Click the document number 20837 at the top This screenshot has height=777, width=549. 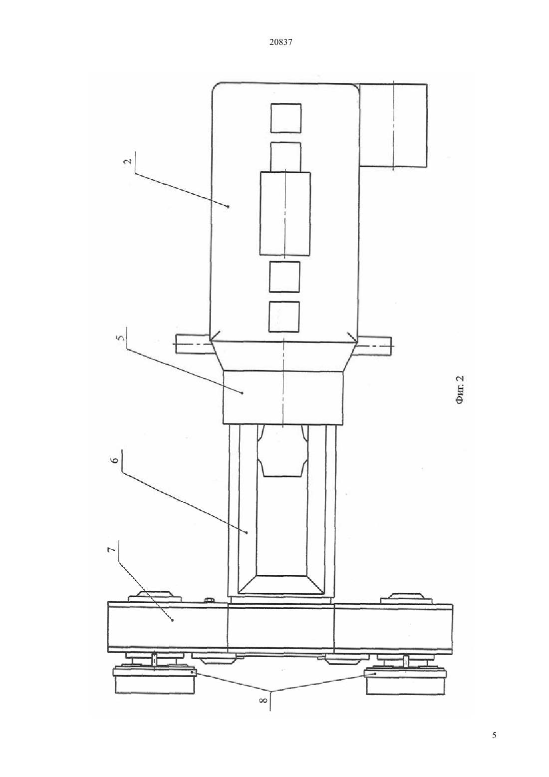280,42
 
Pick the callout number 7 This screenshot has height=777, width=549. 111,559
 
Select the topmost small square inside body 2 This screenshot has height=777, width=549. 286,118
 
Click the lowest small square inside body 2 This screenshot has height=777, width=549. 284,316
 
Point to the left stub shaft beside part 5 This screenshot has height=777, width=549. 193,344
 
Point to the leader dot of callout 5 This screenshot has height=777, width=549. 242,392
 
